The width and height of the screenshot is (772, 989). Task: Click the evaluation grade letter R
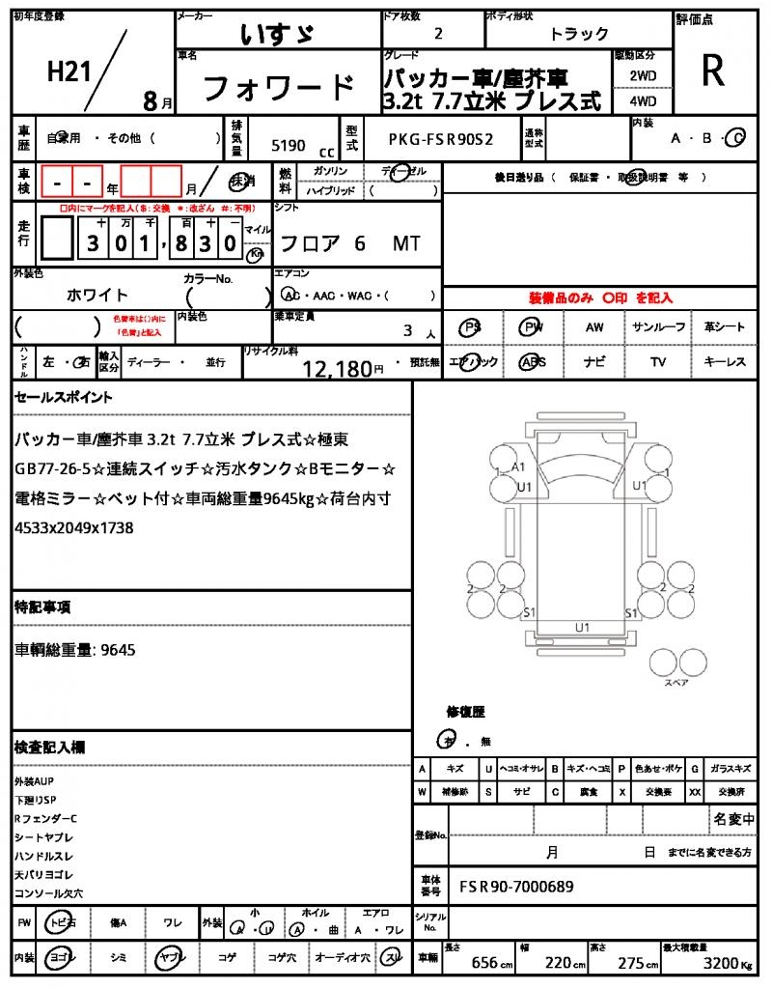pos(713,71)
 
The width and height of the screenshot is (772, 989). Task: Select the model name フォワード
pos(278,88)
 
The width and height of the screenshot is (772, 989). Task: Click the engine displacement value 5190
pos(289,146)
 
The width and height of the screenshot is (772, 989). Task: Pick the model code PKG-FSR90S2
pos(441,139)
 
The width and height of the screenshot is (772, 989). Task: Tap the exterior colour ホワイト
pos(97,295)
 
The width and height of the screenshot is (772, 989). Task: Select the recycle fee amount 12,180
pos(337,368)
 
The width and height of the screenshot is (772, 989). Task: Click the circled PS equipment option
pos(471,327)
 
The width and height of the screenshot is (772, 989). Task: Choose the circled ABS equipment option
pos(532,362)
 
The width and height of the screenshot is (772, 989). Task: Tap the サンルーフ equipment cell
pos(658,327)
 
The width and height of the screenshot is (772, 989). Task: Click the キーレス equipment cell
pos(725,362)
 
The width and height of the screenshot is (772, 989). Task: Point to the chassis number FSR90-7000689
pos(516,886)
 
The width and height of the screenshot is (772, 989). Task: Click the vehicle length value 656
pos(483,963)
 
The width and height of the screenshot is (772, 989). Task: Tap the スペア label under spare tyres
pos(675,683)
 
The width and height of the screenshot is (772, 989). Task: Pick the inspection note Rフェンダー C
pos(45,818)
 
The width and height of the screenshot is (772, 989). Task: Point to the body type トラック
pos(579,34)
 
